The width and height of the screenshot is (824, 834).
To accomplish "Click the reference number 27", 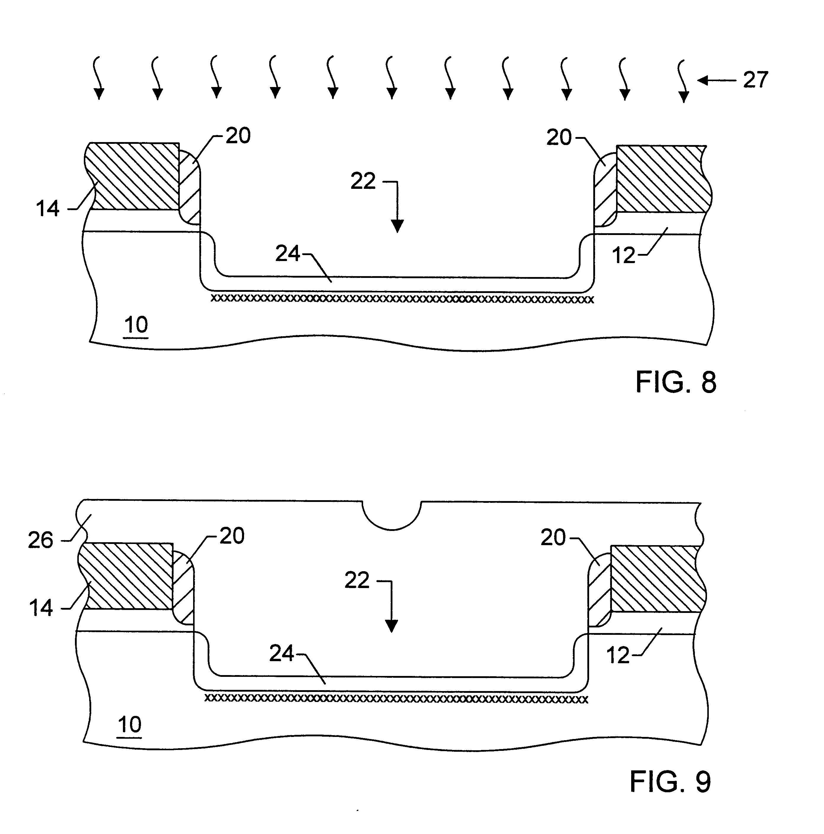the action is click(x=755, y=80).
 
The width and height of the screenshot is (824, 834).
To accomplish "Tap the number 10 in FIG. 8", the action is click(x=136, y=325).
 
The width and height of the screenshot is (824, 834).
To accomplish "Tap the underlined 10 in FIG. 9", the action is click(x=130, y=725).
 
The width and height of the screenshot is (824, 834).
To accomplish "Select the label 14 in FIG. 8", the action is click(x=47, y=209).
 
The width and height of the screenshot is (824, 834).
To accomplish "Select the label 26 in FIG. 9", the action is click(x=41, y=540).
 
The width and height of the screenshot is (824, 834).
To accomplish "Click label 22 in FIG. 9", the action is click(x=357, y=581).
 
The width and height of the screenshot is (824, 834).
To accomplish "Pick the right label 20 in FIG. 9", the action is click(x=553, y=538).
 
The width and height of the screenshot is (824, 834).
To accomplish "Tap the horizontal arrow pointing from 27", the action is click(x=717, y=80).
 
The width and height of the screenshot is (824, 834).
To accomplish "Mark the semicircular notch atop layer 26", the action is click(x=392, y=516).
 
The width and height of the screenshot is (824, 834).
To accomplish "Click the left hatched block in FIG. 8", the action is click(x=133, y=176).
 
